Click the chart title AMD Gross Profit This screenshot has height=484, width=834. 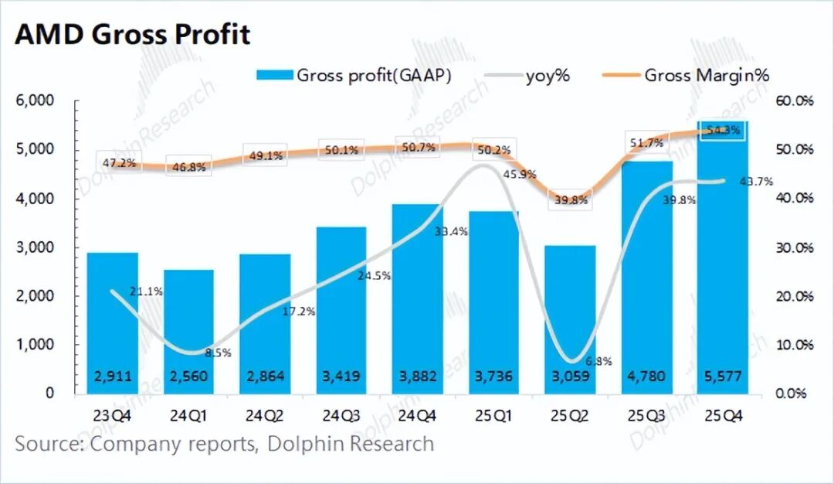pyautogui.click(x=132, y=35)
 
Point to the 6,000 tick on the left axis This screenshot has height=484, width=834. pyautogui.click(x=35, y=101)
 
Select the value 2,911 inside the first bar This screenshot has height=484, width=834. pyautogui.click(x=113, y=377)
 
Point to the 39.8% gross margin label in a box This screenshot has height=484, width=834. pyautogui.click(x=571, y=200)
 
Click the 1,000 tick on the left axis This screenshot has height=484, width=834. pyautogui.click(x=35, y=345)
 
